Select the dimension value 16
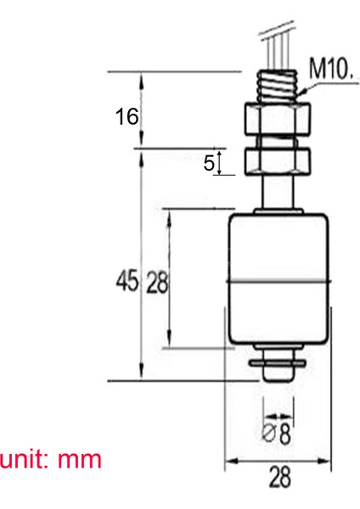click(x=127, y=116)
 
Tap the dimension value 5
click(x=209, y=163)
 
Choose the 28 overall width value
click(x=278, y=478)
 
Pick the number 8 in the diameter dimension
click(x=284, y=435)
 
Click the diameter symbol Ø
click(x=268, y=435)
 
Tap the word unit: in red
click(x=25, y=460)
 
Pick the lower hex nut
click(x=277, y=160)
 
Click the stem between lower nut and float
click(x=277, y=193)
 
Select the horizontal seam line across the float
click(x=277, y=281)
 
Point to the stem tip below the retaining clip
click(x=277, y=377)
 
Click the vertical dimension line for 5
click(x=221, y=163)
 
